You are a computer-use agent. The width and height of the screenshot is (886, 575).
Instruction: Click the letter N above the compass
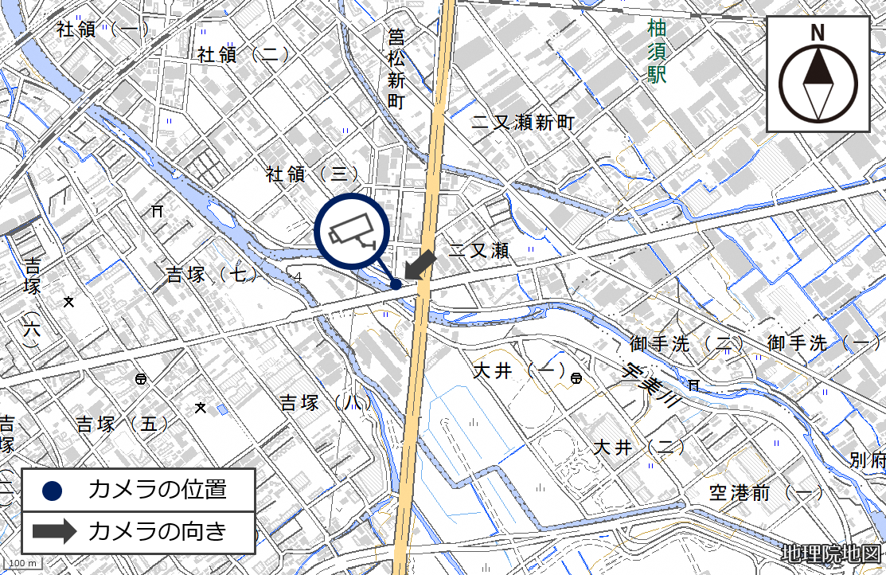[x=818, y=33]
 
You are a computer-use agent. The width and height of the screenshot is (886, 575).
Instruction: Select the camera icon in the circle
[x=352, y=230]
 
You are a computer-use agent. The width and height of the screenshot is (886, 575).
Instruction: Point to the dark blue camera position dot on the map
[x=396, y=284]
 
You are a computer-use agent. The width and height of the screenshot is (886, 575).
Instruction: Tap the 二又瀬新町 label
[x=522, y=123]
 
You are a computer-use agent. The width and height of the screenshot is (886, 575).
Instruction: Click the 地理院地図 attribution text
[x=831, y=553]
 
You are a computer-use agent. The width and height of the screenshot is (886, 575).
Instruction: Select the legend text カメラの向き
[x=157, y=531]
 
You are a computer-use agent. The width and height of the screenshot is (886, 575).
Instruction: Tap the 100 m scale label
[x=27, y=564]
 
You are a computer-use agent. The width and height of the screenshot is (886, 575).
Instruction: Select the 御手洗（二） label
[x=685, y=344]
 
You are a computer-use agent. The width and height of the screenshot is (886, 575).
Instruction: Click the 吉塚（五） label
[x=123, y=424]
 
